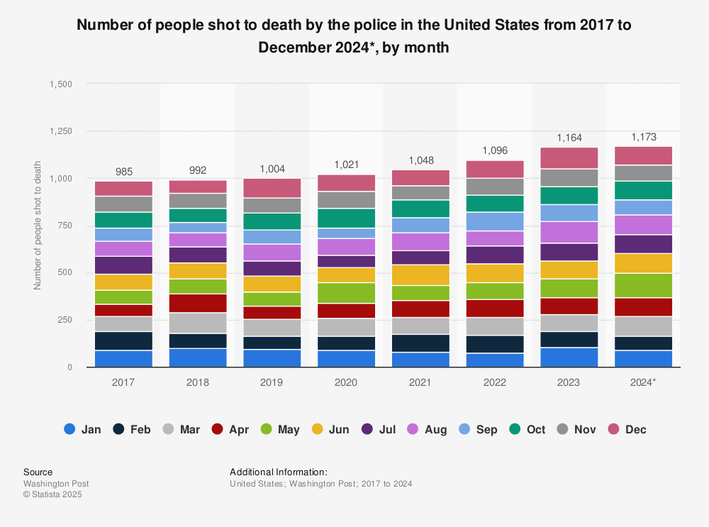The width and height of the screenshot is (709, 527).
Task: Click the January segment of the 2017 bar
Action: click(123, 358)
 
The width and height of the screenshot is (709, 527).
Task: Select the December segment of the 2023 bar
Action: click(569, 157)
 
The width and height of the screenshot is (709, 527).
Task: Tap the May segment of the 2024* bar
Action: click(644, 285)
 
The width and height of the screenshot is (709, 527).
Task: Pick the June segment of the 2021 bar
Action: click(420, 274)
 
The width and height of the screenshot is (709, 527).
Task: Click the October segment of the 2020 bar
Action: click(346, 218)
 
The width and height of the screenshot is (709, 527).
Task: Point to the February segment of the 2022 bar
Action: click(495, 344)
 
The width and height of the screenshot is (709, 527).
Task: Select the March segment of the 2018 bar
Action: click(198, 323)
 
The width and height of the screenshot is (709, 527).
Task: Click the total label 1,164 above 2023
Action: click(569, 138)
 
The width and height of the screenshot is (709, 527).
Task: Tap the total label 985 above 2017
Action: click(123, 172)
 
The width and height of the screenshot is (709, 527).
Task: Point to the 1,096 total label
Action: click(495, 150)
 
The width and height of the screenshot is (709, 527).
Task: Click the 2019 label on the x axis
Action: click(272, 382)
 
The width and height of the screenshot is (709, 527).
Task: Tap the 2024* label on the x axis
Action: click(644, 382)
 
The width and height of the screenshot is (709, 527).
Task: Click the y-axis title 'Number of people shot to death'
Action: click(38, 226)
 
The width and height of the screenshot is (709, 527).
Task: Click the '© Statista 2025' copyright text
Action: click(52, 494)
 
